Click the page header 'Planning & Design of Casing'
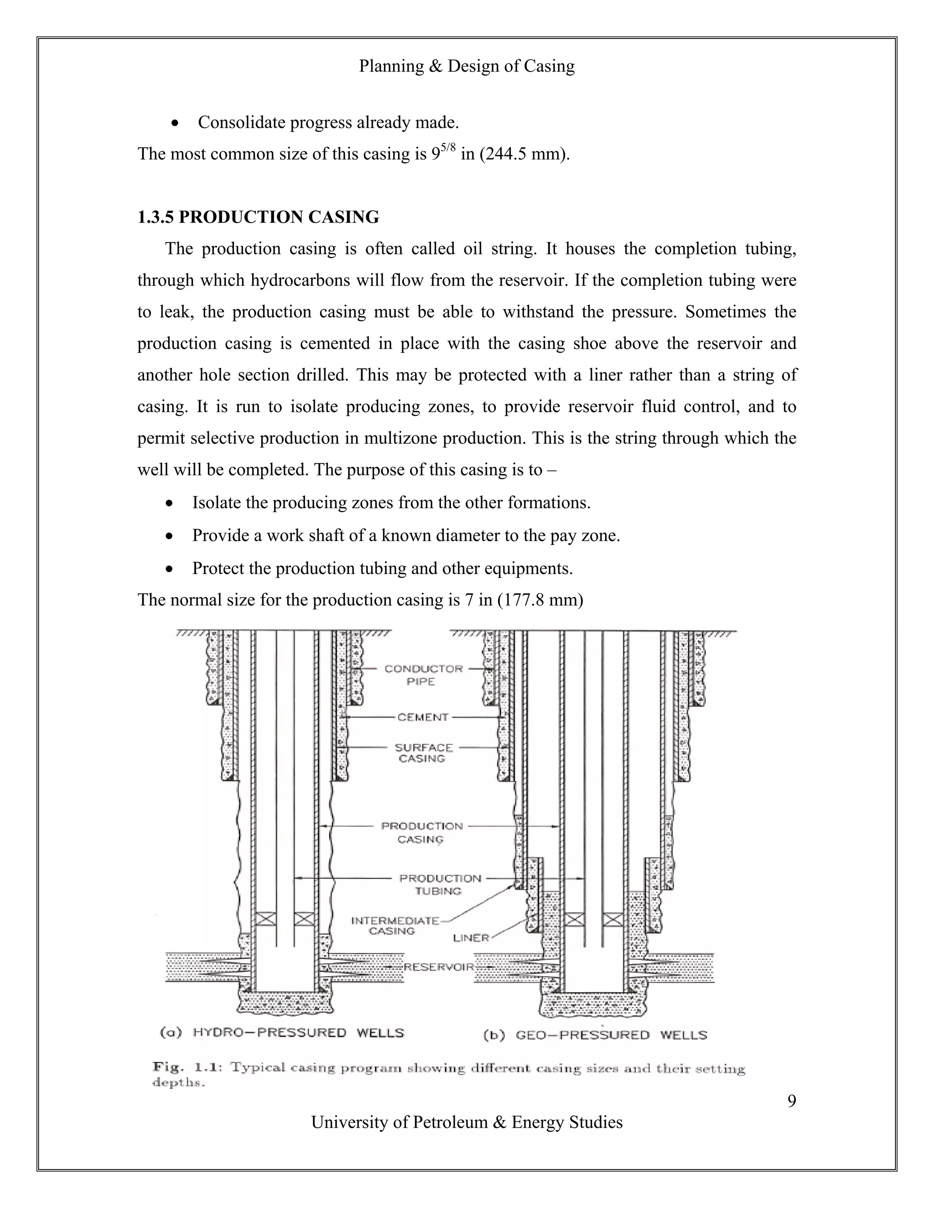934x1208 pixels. pyautogui.click(x=467, y=67)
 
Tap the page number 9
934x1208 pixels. pyautogui.click(x=791, y=1101)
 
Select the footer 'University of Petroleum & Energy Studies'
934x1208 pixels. pyautogui.click(x=467, y=1122)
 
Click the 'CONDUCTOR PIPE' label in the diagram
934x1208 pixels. pyautogui.click(x=423, y=675)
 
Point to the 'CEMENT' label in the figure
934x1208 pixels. pyautogui.click(x=423, y=718)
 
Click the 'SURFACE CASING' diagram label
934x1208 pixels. pyautogui.click(x=423, y=753)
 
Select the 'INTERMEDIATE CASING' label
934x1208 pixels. pyautogui.click(x=394, y=926)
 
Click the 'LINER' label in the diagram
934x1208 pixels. pyautogui.click(x=471, y=938)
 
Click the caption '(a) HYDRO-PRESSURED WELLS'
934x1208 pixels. pyautogui.click(x=282, y=1032)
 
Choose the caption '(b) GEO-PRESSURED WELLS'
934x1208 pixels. pyautogui.click(x=595, y=1035)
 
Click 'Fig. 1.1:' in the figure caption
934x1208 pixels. pyautogui.click(x=187, y=1067)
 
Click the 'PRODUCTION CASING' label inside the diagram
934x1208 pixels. pyautogui.click(x=422, y=832)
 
